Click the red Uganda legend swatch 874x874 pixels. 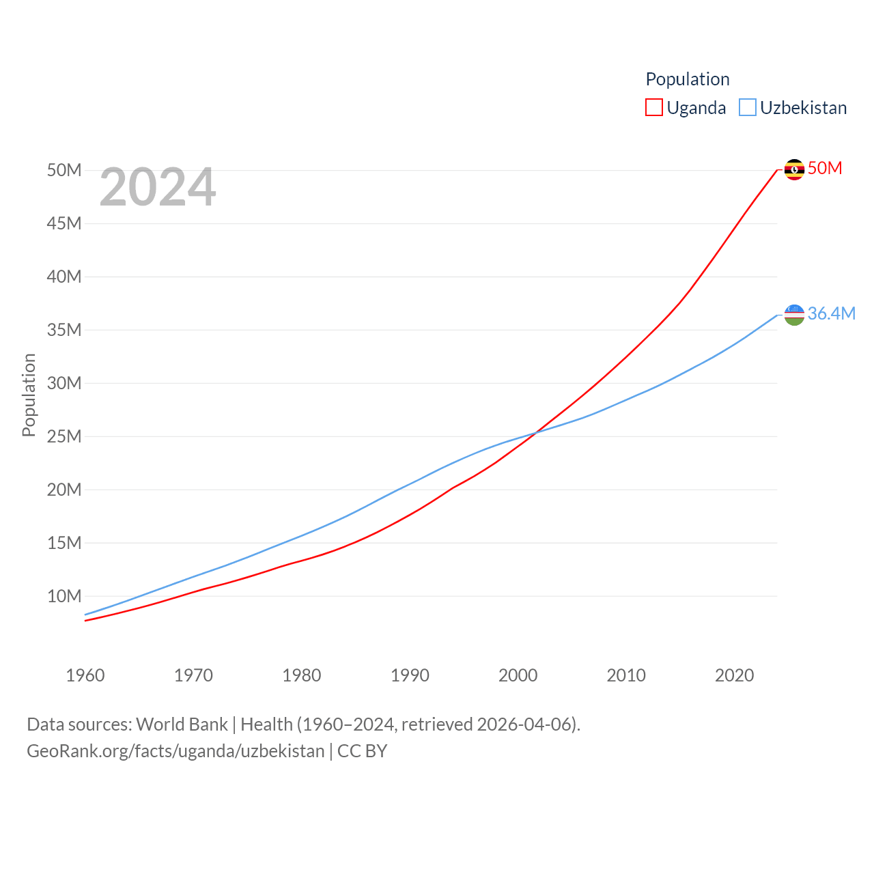tap(653, 108)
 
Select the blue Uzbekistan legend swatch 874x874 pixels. tap(748, 108)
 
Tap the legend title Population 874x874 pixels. tap(687, 79)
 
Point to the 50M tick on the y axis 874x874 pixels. tap(64, 170)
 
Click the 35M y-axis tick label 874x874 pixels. tap(64, 330)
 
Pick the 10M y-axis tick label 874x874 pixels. tap(64, 596)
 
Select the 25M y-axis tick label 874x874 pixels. tap(64, 436)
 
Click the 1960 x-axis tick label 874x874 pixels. tap(85, 675)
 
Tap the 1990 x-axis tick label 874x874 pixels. tap(410, 675)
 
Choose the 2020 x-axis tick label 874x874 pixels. tap(734, 675)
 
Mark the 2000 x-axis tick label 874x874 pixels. tap(518, 675)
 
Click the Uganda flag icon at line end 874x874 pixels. tap(794, 169)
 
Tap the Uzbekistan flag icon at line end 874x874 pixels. tap(794, 315)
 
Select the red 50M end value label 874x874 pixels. tap(825, 168)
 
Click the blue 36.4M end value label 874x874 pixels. tap(831, 313)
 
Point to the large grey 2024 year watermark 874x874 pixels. tap(158, 187)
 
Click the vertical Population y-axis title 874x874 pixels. tap(29, 395)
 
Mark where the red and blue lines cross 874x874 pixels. tap(535, 432)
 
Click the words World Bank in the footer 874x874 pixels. tap(182, 724)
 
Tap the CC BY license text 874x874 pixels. tap(363, 751)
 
